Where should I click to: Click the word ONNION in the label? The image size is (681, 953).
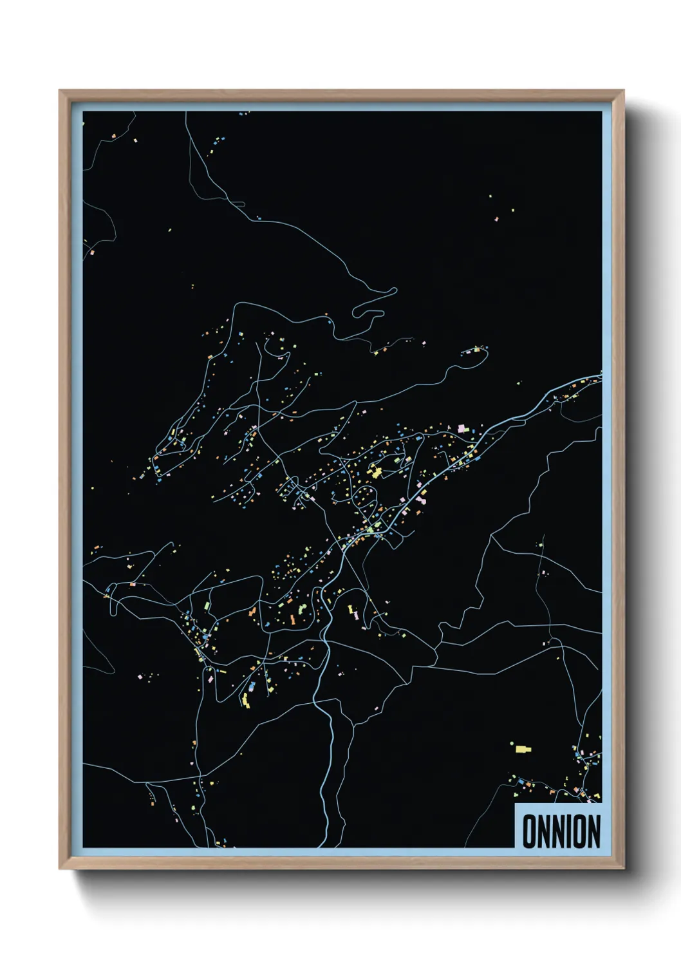[x=561, y=831]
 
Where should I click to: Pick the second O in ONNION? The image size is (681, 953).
[x=581, y=831]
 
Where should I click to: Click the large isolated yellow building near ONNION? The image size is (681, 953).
[x=522, y=749]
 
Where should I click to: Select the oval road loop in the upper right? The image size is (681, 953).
[x=475, y=357]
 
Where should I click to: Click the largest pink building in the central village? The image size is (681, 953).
[x=462, y=428]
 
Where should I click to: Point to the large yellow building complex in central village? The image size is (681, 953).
[x=375, y=473]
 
